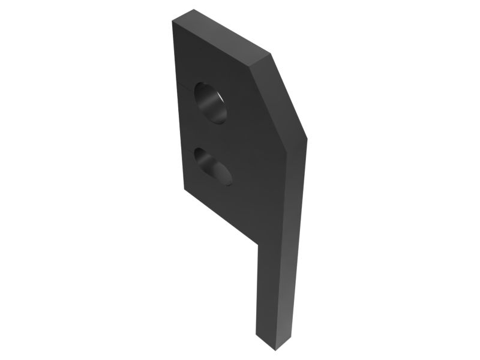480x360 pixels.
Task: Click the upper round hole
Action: (211, 103)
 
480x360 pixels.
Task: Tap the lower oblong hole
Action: (212, 166)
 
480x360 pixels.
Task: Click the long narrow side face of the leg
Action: (294, 240)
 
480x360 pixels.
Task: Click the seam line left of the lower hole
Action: (187, 150)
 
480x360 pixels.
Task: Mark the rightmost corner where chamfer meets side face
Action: (307, 139)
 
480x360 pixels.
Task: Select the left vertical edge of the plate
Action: (178, 108)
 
